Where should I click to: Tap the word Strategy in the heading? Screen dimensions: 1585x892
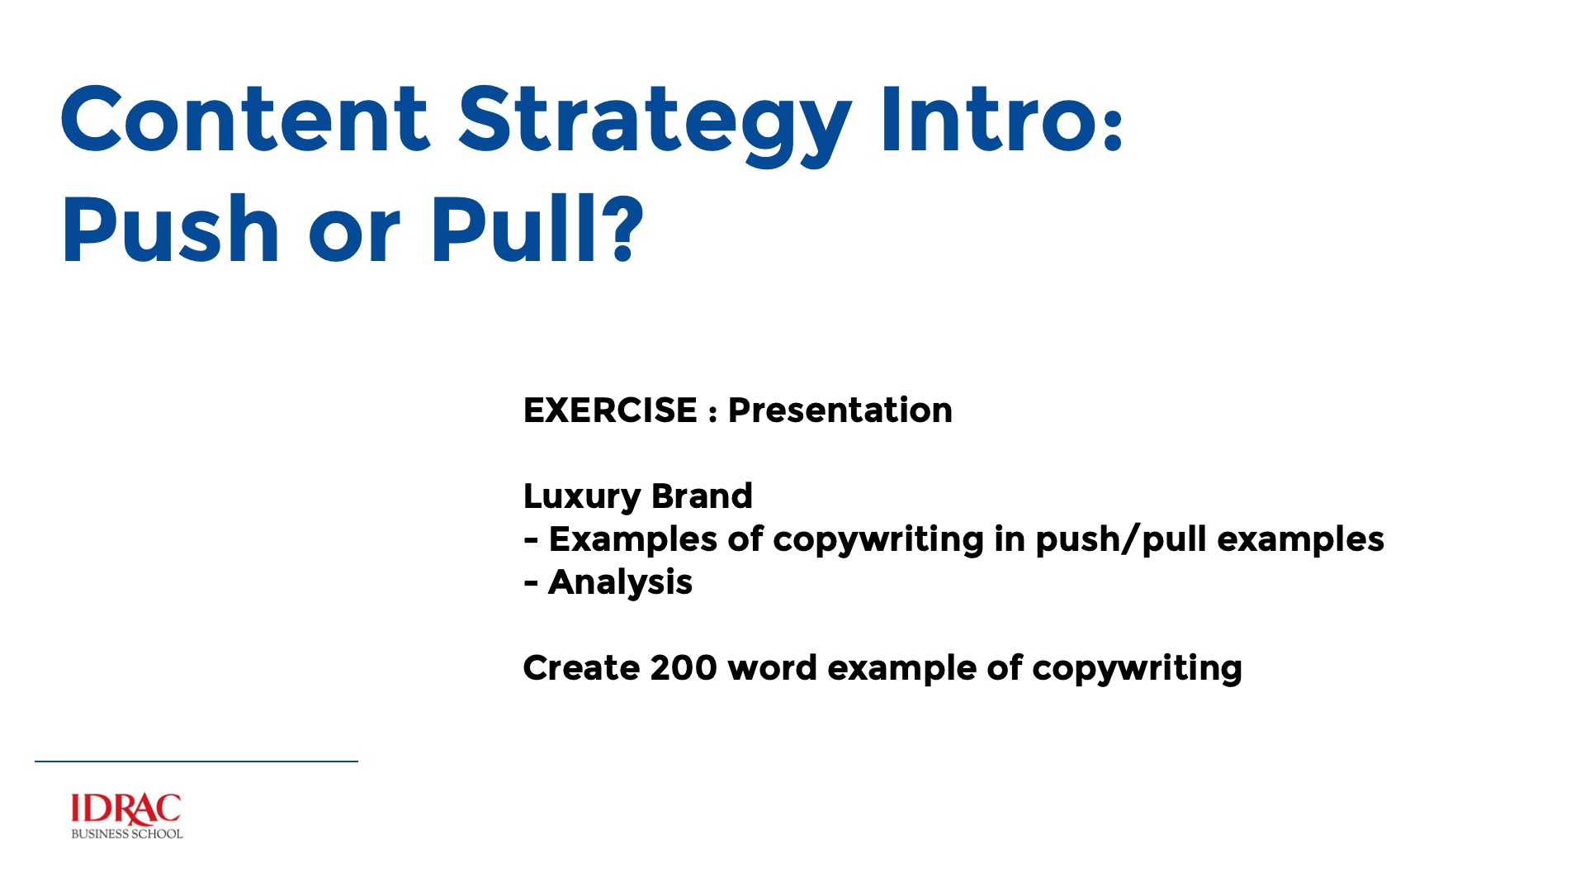[655, 126]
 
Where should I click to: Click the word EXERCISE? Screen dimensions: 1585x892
[610, 410]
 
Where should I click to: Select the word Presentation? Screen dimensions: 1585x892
[840, 410]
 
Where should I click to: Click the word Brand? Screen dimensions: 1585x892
[702, 496]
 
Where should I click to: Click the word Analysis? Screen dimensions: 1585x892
[620, 583]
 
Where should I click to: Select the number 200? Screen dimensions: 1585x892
[684, 668]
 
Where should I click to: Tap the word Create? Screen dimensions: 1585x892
[581, 668]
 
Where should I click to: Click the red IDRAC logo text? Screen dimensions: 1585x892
[125, 809]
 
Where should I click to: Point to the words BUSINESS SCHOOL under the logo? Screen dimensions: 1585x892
[127, 834]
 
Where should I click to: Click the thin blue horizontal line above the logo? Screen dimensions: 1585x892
[196, 761]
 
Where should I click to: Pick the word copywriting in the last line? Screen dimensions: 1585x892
[1137, 669]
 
